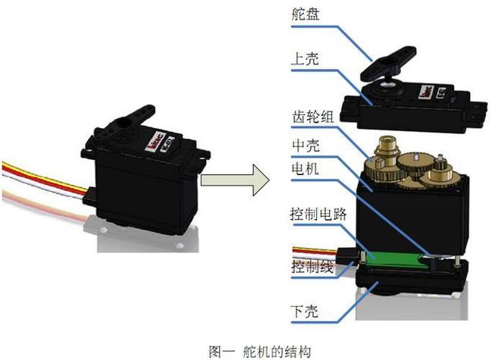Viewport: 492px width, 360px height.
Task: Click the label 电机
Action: (306, 169)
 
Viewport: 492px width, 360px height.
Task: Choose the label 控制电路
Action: (318, 214)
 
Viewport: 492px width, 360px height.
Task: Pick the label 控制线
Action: (312, 267)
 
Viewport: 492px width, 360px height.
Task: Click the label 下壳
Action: (306, 311)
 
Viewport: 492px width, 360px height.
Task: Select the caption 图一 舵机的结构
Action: (259, 351)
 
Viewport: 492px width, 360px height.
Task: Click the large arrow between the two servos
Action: (235, 180)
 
